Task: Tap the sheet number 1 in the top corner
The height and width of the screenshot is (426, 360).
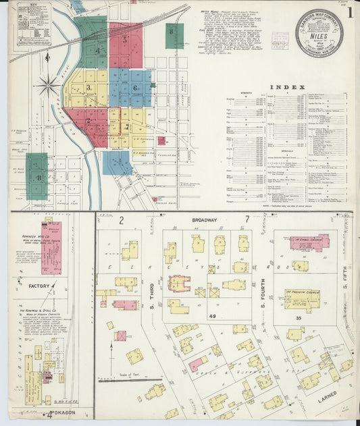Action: coord(349,12)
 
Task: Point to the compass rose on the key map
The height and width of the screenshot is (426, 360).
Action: coord(48,86)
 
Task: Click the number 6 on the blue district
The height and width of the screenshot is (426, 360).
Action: coord(136,88)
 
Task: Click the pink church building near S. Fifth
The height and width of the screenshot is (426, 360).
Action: coord(309,242)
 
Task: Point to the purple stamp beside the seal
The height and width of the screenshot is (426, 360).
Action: coord(280,41)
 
